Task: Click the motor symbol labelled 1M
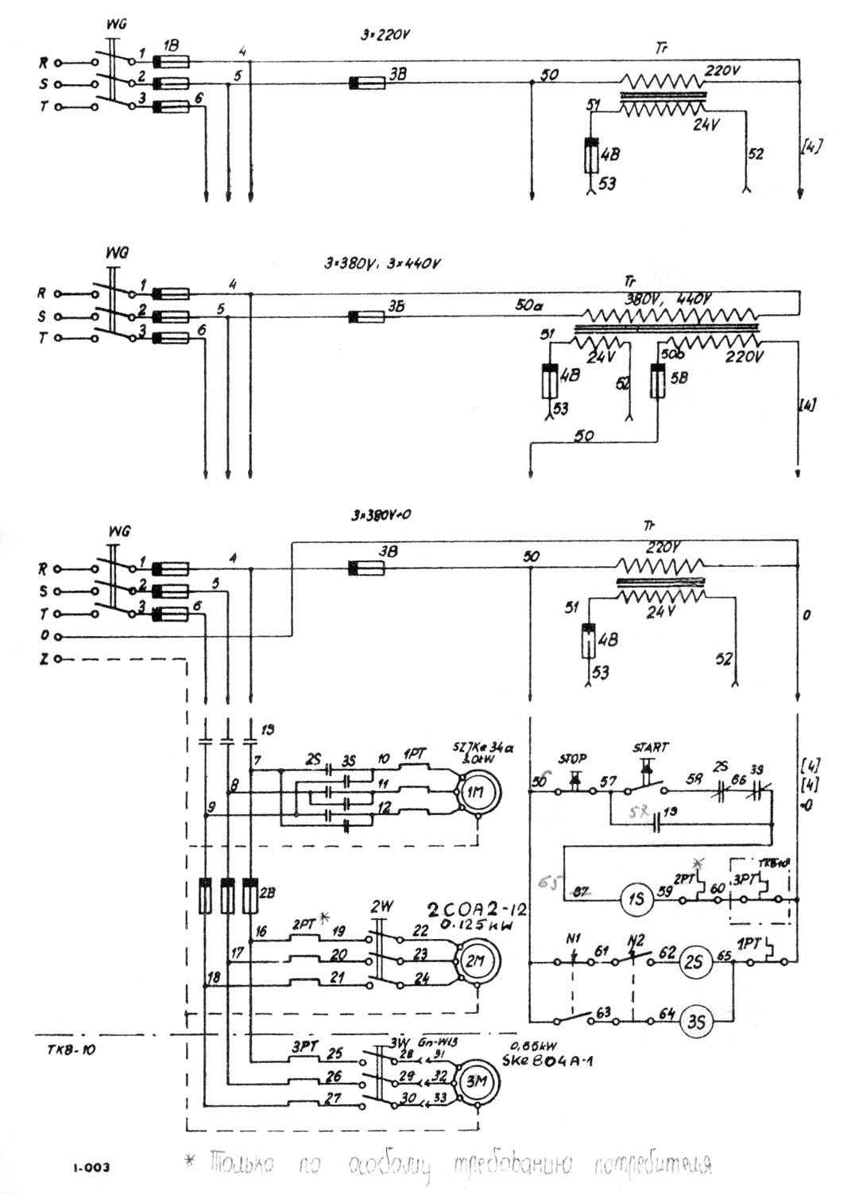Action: coord(475,793)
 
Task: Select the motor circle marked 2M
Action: coord(475,961)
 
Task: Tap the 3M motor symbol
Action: coord(476,1081)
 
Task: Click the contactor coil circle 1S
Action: coord(636,899)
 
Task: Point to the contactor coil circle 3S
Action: coord(695,1021)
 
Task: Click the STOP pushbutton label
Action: coord(572,759)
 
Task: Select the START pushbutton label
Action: coord(651,747)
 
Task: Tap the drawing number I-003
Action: coord(91,1167)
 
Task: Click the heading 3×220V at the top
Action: coord(385,36)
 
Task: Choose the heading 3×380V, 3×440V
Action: coord(382,264)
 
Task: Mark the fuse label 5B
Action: coord(679,378)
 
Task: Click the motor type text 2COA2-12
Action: coord(478,910)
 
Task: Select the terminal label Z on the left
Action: coord(44,659)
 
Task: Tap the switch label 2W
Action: coord(382,906)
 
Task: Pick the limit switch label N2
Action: coord(635,939)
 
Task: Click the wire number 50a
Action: coord(529,305)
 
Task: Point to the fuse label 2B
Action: coord(268,892)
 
